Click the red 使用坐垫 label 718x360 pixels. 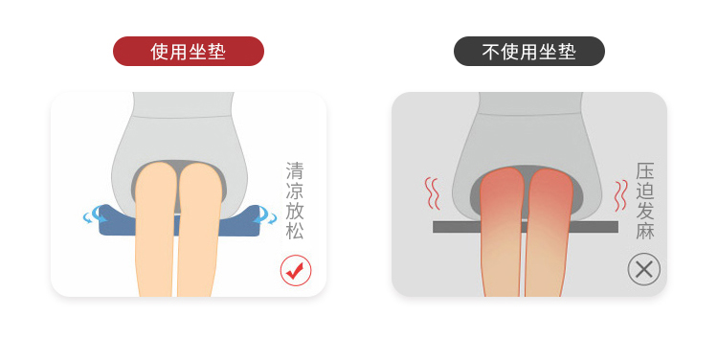(x=189, y=52)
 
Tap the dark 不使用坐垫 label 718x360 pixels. (x=528, y=52)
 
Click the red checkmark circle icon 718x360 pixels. (x=296, y=270)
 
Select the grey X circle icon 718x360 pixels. (x=644, y=269)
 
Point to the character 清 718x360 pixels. (x=295, y=170)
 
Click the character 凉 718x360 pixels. (x=295, y=191)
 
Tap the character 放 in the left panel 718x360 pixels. (x=295, y=211)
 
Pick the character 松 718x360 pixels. (x=295, y=231)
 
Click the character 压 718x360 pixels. (x=644, y=170)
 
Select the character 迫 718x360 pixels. (x=644, y=191)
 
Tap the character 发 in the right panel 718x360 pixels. (x=644, y=212)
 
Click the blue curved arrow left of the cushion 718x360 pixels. (x=93, y=215)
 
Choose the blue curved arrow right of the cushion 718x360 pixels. (x=267, y=215)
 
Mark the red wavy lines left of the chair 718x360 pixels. (x=432, y=193)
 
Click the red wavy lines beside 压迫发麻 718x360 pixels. (x=621, y=195)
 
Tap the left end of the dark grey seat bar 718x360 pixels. (x=434, y=227)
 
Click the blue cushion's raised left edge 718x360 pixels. (x=110, y=215)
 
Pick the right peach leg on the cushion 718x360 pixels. (x=198, y=230)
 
